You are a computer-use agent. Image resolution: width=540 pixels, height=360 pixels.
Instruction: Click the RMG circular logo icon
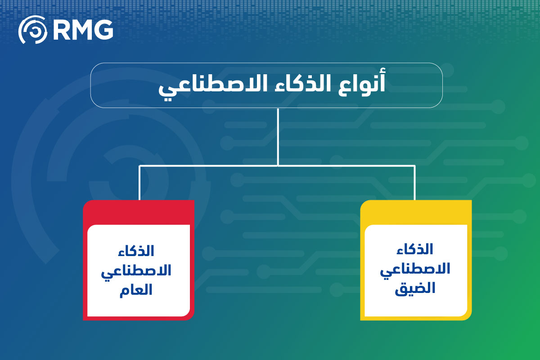point(33,30)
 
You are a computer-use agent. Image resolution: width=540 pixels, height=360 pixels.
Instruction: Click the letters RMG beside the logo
point(83,30)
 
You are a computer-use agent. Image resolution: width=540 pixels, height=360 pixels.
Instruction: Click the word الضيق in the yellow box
point(415,288)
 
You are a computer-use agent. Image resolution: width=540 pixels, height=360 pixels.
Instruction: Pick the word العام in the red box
point(136,290)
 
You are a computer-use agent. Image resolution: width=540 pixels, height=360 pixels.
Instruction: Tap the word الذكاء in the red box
point(136,251)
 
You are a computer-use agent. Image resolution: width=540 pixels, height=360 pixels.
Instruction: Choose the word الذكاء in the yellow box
point(415,249)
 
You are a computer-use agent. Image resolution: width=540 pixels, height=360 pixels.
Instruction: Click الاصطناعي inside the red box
point(136,272)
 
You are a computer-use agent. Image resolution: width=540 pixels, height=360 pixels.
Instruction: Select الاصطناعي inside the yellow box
point(415,270)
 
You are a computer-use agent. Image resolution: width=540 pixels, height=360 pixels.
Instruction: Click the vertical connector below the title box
point(278,137)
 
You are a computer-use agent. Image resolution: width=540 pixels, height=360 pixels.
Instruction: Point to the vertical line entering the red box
point(139,183)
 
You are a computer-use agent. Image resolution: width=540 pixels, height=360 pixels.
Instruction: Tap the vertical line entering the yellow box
point(414,183)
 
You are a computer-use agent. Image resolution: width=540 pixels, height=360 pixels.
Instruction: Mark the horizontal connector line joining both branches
point(277,166)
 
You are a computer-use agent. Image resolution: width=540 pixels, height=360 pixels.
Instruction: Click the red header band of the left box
point(139,212)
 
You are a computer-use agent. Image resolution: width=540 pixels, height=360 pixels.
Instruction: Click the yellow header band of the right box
point(416,212)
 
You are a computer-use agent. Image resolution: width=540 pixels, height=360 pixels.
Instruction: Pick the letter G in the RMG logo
point(103,30)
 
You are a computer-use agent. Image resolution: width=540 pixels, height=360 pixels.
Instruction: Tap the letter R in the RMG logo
point(61,30)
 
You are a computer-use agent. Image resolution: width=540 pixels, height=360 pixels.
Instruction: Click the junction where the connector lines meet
point(278,166)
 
